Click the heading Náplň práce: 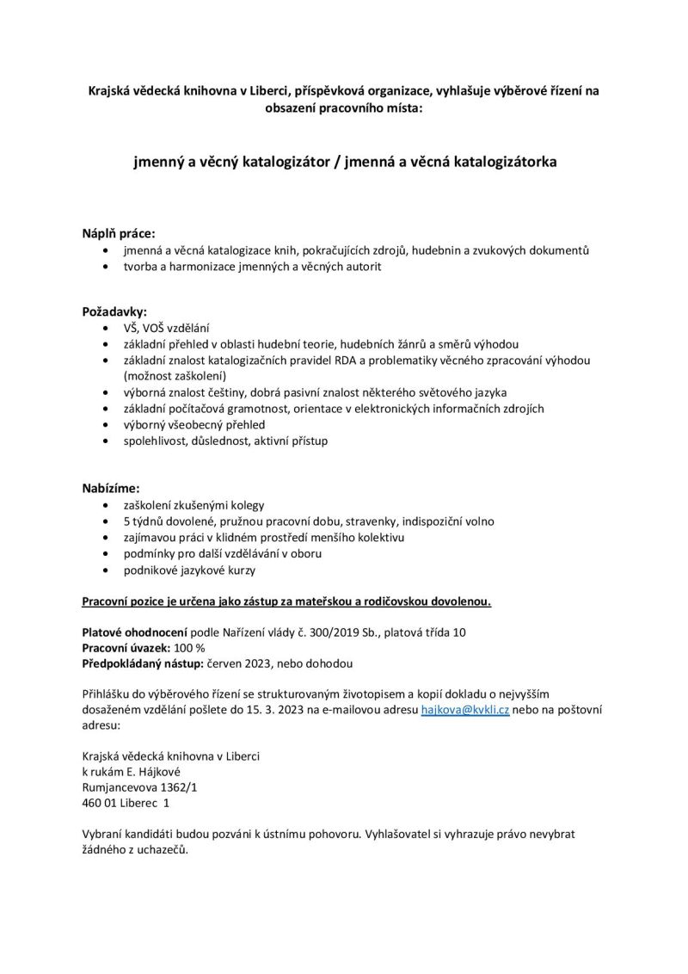pos(119,233)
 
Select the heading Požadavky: pos(114,310)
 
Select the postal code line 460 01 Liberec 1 pos(126,802)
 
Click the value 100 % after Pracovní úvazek pos(188,648)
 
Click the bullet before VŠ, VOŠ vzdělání pos(105,327)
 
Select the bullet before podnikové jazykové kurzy pos(105,570)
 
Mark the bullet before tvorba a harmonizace pos(105,267)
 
